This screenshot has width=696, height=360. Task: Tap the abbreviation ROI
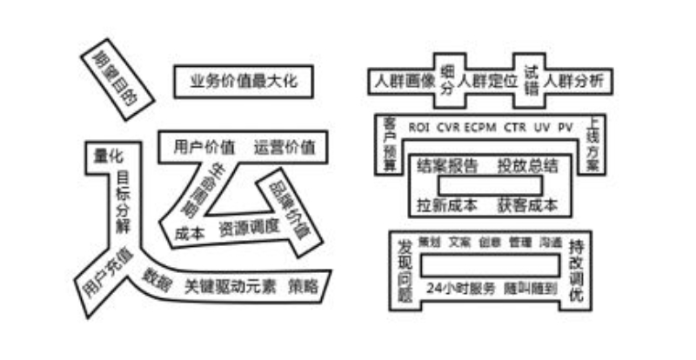[420, 127]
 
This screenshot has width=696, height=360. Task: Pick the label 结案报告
[447, 165]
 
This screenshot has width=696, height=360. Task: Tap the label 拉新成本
[447, 205]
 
